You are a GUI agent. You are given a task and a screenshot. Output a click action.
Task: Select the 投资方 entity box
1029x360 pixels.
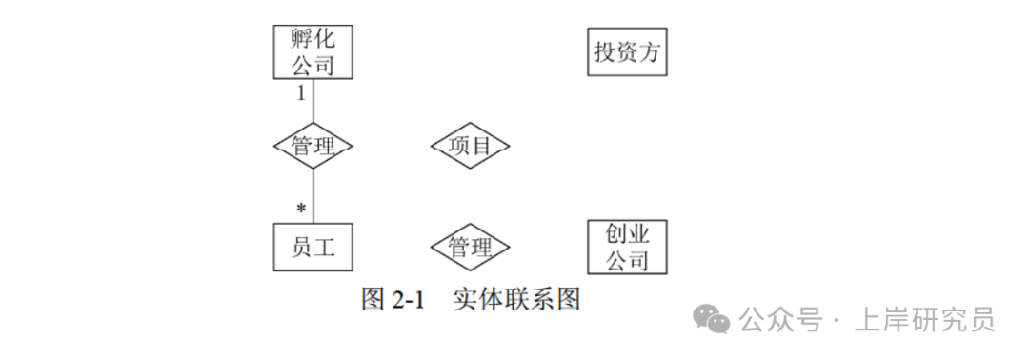point(626,51)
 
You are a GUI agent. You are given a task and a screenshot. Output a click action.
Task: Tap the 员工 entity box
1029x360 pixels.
point(313,248)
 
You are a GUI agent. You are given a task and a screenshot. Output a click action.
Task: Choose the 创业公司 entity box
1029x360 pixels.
point(626,248)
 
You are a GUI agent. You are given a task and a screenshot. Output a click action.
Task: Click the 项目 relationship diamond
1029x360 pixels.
point(470,146)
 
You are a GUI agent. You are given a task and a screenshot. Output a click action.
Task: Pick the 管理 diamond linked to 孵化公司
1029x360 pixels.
point(313,146)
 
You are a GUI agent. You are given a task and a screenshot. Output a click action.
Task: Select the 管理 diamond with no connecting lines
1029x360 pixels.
point(470,248)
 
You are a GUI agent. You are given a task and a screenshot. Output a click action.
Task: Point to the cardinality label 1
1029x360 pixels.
point(301,92)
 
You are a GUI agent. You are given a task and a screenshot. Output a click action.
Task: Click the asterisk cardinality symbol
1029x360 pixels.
point(301,208)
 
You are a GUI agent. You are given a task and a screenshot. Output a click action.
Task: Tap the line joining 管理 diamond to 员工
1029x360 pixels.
point(313,195)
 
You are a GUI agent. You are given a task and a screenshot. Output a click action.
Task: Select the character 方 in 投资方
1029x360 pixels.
point(649,51)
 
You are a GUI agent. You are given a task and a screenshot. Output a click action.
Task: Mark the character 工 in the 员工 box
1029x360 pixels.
point(326,248)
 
